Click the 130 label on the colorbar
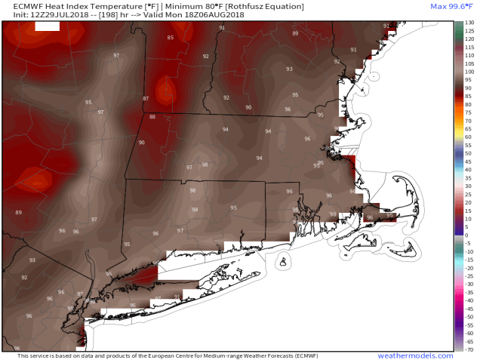click(x=469, y=23)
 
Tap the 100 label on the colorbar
click(x=469, y=72)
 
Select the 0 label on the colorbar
click(x=467, y=235)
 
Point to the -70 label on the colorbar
click(x=469, y=349)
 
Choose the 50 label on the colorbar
click(x=468, y=153)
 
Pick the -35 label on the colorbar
click(x=469, y=292)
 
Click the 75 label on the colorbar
click(x=468, y=112)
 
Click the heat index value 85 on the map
click(x=170, y=38)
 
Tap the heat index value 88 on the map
click(x=152, y=116)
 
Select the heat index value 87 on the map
click(x=146, y=99)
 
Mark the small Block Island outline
click(x=284, y=262)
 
